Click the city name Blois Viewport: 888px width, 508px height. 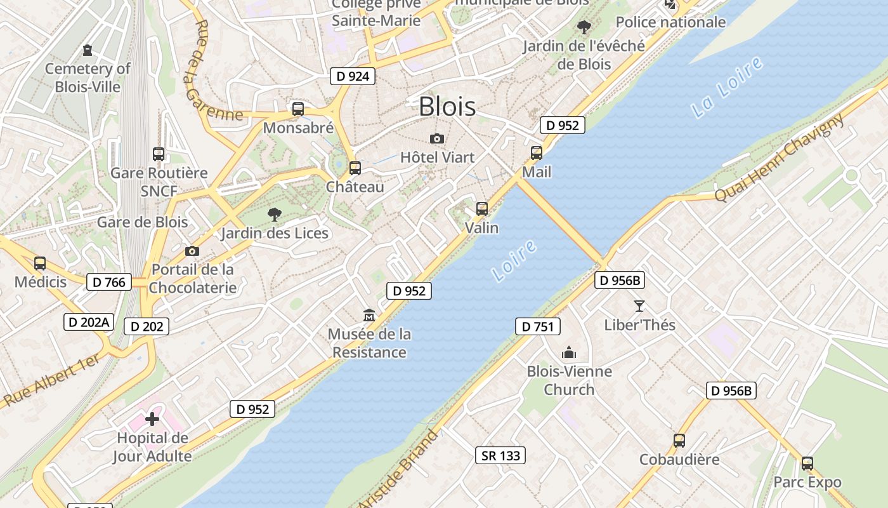(x=447, y=106)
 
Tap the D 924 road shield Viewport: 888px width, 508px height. (x=353, y=76)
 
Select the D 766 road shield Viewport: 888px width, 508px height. (x=109, y=282)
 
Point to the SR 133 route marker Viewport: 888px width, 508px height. (x=500, y=455)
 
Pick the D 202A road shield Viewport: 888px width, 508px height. (x=88, y=322)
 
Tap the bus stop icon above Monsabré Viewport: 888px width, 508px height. (x=297, y=109)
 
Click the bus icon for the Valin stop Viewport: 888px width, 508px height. (x=482, y=208)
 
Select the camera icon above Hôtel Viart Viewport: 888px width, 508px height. (x=436, y=138)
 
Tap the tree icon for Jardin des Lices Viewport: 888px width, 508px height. (x=275, y=215)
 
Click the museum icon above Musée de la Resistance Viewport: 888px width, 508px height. (x=369, y=315)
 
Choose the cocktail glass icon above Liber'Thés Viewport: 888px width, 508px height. (x=639, y=306)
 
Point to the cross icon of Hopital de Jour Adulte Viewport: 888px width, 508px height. (x=152, y=419)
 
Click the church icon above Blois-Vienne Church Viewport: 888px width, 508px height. (x=569, y=352)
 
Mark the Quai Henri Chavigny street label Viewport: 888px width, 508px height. (x=780, y=158)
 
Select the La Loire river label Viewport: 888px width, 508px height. (x=727, y=88)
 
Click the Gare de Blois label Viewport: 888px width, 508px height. (x=142, y=222)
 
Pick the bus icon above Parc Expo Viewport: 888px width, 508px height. (x=807, y=464)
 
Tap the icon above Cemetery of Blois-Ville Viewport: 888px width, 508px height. (x=88, y=50)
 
